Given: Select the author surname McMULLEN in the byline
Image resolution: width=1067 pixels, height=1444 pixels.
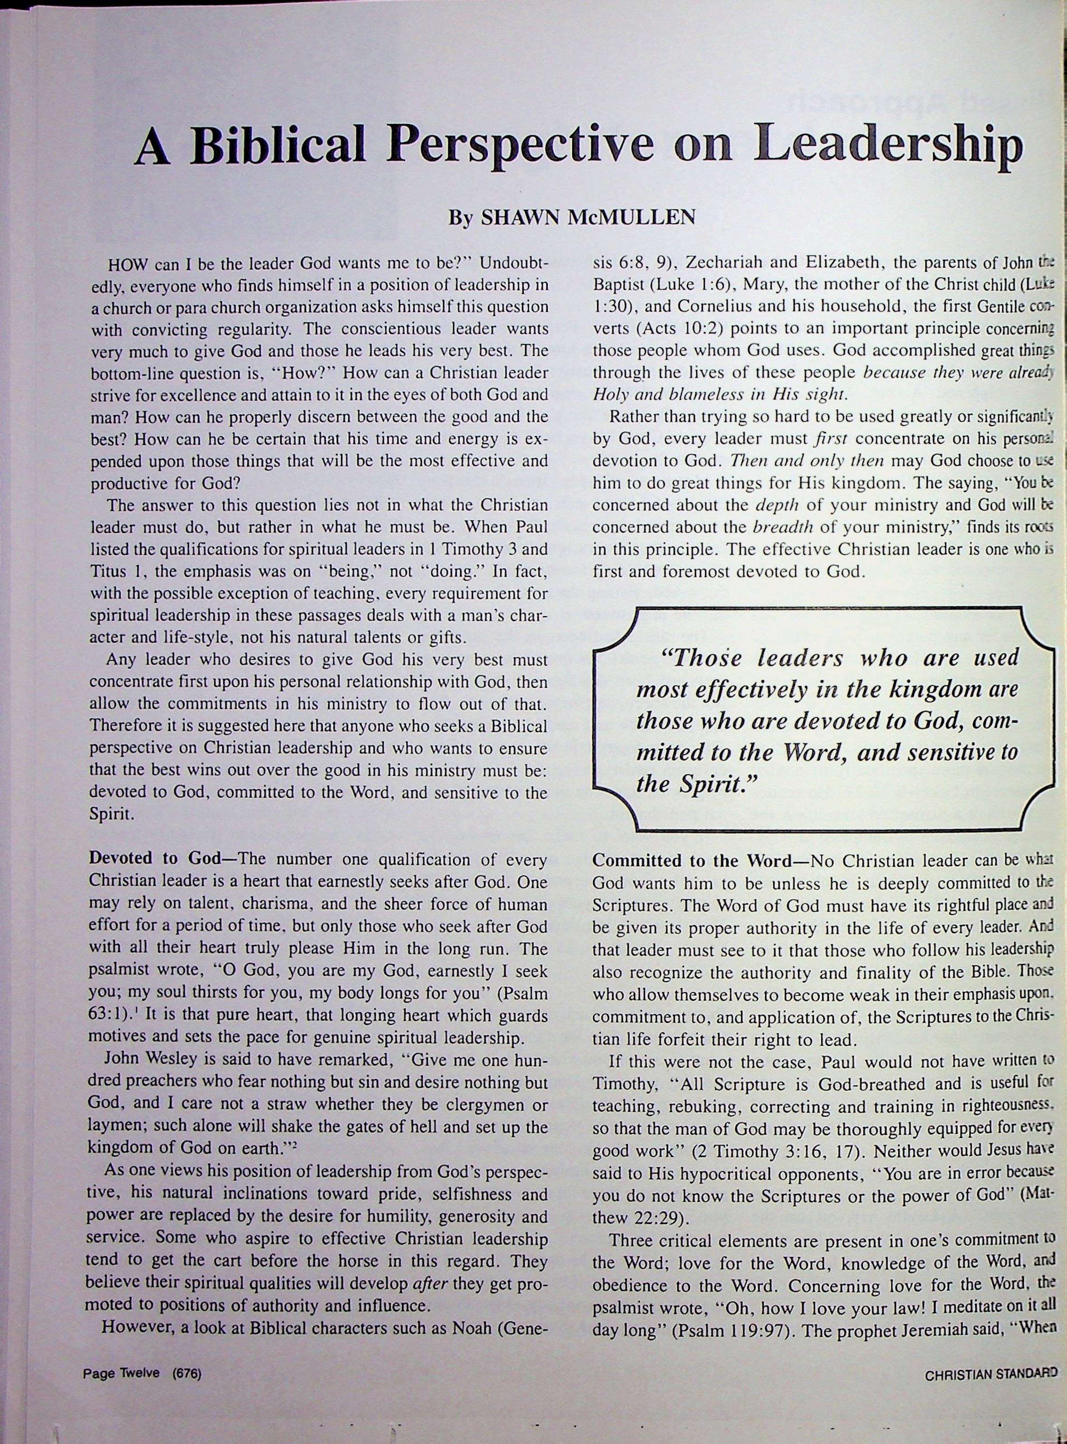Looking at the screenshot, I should click(x=631, y=218).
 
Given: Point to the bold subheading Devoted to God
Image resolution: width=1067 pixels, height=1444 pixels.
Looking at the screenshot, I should click(x=154, y=859).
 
